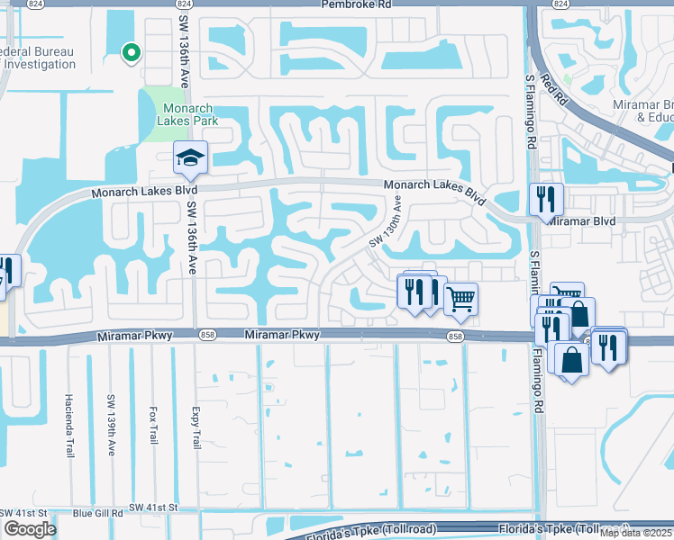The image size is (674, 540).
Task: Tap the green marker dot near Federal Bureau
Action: coord(131,54)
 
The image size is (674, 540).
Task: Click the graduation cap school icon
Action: coord(190,158)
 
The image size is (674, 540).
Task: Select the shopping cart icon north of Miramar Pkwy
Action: coord(460,300)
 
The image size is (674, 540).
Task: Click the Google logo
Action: coord(29,529)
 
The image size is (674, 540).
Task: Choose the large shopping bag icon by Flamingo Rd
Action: coord(571,359)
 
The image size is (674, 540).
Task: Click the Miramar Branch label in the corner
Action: coord(654,111)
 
